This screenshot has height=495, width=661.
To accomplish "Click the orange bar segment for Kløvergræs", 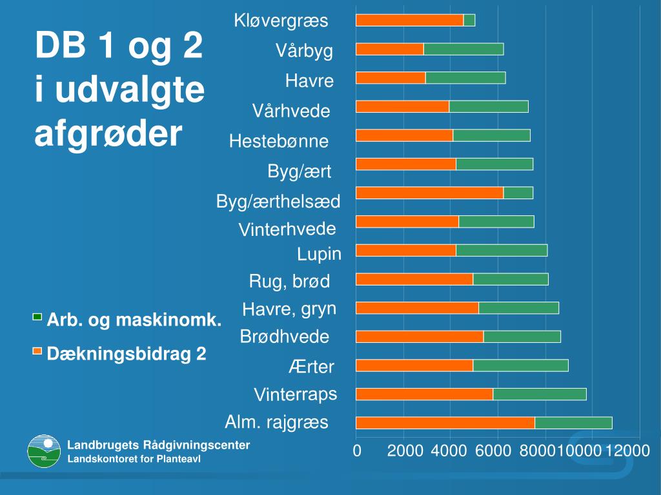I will pyautogui.click(x=409, y=20).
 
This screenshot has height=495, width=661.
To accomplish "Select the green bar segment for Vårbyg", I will pyautogui.click(x=463, y=49).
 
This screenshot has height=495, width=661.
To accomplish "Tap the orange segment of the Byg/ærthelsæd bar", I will pyautogui.click(x=429, y=193).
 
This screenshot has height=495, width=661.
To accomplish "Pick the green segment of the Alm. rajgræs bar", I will pyautogui.click(x=573, y=423).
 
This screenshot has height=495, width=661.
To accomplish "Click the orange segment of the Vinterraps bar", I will pyautogui.click(x=424, y=394).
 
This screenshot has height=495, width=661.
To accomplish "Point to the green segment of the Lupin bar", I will pyautogui.click(x=502, y=250).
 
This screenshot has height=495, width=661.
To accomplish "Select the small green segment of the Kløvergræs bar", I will pyautogui.click(x=469, y=20).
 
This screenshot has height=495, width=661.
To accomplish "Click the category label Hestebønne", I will pyautogui.click(x=279, y=141).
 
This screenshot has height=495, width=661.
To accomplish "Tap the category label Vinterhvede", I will pyautogui.click(x=287, y=229).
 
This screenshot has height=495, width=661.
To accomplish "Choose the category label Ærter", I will pyautogui.click(x=311, y=367).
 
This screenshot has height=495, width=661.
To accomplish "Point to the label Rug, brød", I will pyautogui.click(x=289, y=281).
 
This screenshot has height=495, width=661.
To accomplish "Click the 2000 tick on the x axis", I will pyautogui.click(x=405, y=451).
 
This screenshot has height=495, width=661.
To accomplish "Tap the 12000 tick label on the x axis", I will pyautogui.click(x=627, y=451).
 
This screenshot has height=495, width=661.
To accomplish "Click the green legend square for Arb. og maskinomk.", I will pyautogui.click(x=37, y=317).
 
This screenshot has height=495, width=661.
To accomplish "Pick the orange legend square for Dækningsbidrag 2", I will pyautogui.click(x=37, y=351).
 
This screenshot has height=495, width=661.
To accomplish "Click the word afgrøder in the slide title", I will pyautogui.click(x=108, y=134).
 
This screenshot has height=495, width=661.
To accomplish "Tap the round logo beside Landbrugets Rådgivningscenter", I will pyautogui.click(x=44, y=451).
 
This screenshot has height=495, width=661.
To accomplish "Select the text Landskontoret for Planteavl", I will pyautogui.click(x=134, y=459).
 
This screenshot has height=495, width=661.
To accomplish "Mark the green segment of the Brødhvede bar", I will pyautogui.click(x=522, y=336).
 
